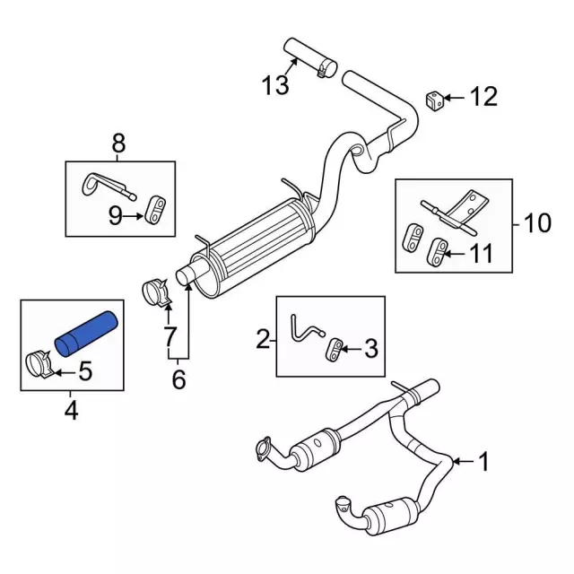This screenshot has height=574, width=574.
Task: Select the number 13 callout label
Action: [276, 86]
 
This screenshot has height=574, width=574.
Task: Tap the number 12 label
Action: [483, 97]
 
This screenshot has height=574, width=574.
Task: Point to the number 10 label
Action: [538, 222]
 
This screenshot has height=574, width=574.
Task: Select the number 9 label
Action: [115, 214]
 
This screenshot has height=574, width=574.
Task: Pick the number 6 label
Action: [178, 380]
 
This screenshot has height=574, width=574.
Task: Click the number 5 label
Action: [86, 369]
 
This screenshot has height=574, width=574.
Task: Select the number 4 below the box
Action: [71, 411]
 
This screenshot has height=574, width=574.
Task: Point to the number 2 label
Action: [264, 339]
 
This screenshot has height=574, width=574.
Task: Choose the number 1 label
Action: [483, 463]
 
